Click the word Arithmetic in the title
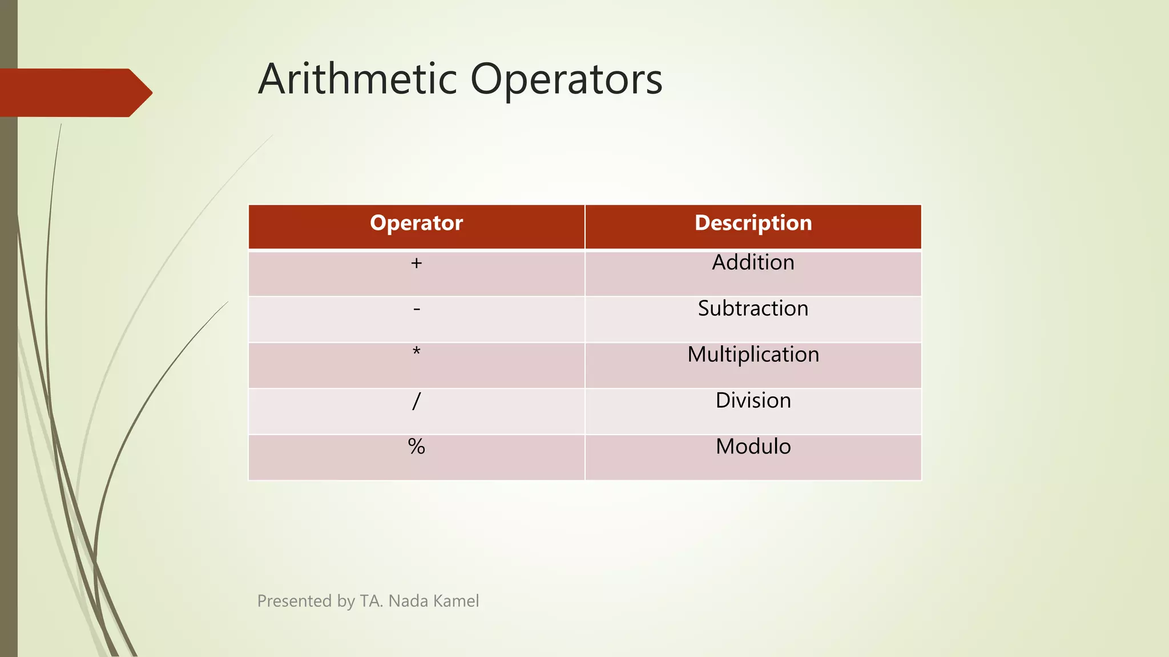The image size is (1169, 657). [x=358, y=79]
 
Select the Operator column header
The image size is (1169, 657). [x=416, y=223]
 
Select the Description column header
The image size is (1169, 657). [x=753, y=223]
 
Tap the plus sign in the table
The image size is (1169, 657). [x=416, y=263]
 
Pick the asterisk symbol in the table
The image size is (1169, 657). [x=416, y=352]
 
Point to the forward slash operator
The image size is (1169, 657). [x=416, y=401]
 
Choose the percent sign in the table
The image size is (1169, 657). [x=416, y=447]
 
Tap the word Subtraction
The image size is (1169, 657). [x=753, y=309]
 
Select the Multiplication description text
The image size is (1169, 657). [x=753, y=355]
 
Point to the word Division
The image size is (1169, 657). [x=753, y=400]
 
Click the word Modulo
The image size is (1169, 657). [x=753, y=447]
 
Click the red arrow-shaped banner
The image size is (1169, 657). [x=68, y=92]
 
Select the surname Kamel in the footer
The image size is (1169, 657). [x=456, y=601]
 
